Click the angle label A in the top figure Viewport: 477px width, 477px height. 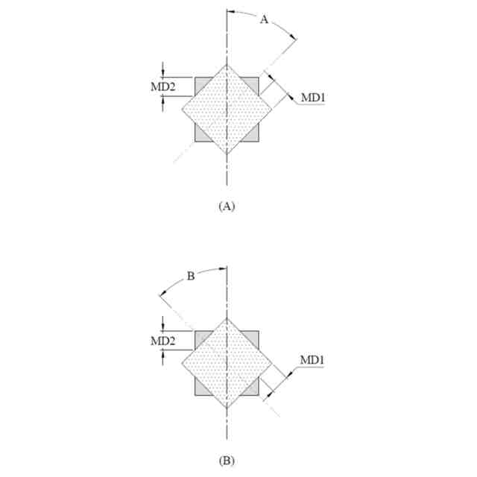tap(263, 21)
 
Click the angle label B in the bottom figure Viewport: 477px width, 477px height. tap(190, 277)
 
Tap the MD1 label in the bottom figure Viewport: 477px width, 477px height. tap(312, 361)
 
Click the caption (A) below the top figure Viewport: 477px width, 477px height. tap(227, 204)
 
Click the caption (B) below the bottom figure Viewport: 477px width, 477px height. tap(227, 460)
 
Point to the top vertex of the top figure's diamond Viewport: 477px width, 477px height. tap(227, 64)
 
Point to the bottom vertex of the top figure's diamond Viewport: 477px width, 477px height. tap(227, 155)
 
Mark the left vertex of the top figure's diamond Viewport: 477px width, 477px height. tap(181, 110)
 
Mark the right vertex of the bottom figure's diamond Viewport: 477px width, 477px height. tap(272, 363)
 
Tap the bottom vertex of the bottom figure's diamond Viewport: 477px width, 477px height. tap(227, 408)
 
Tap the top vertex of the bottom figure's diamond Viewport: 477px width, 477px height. tap(227, 318)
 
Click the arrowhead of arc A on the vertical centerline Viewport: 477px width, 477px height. tap(230, 12)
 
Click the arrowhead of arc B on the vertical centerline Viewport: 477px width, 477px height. tap(222, 268)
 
